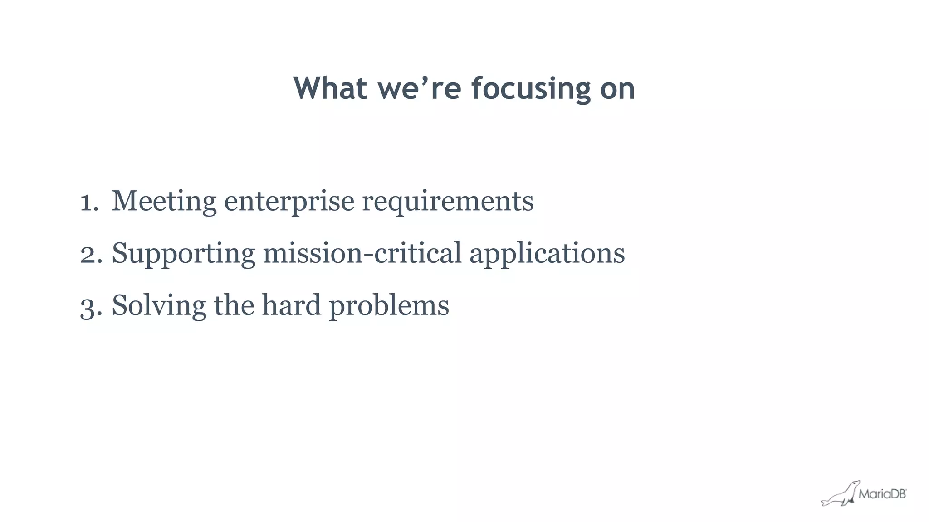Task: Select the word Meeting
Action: click(x=164, y=201)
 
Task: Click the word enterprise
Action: click(x=289, y=202)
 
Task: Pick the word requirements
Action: click(x=447, y=202)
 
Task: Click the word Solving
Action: click(x=159, y=306)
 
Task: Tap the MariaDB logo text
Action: click(x=882, y=494)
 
